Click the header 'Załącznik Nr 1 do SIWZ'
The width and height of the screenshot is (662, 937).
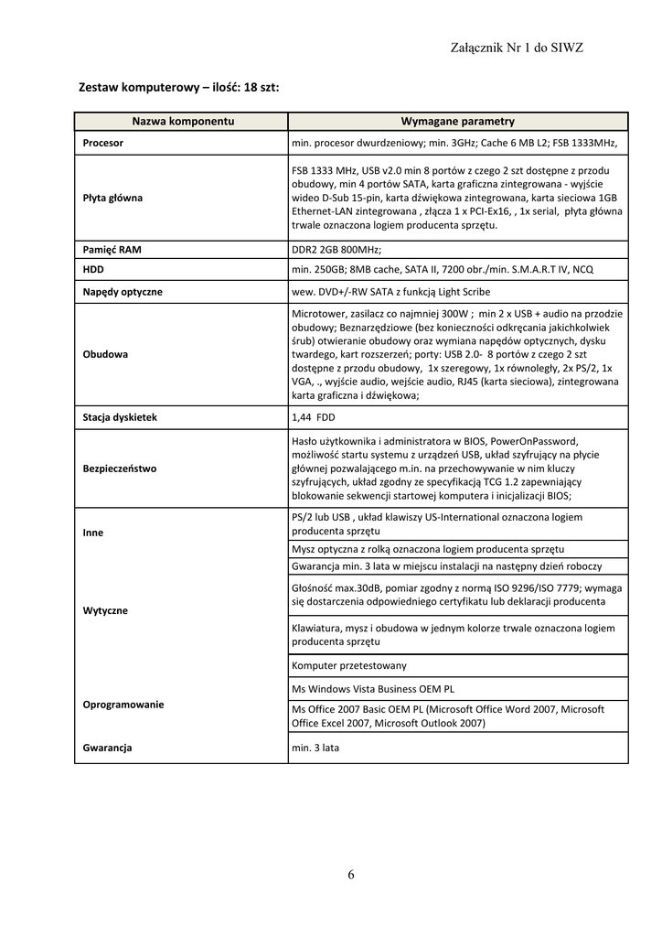(518, 48)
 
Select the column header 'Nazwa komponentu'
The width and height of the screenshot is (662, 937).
(183, 121)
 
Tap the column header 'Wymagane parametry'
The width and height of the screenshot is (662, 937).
(457, 121)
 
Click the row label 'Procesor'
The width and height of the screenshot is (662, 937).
(103, 143)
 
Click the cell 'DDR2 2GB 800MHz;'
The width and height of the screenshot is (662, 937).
(336, 249)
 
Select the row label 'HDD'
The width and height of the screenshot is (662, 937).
(93, 270)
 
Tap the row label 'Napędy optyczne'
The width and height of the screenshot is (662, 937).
(123, 292)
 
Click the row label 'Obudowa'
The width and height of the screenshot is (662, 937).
(105, 354)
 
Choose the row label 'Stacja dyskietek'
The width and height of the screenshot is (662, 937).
(120, 417)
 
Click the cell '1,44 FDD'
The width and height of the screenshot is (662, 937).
(313, 417)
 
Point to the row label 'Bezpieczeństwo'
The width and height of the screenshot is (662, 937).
(120, 468)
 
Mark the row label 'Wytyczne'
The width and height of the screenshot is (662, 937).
(105, 610)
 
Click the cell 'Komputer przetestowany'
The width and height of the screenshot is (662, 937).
(349, 665)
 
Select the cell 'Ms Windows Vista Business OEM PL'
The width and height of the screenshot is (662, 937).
(372, 688)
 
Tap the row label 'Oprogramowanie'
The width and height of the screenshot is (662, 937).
(123, 705)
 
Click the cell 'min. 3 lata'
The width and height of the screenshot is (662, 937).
(315, 748)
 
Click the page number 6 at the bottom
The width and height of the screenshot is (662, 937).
(350, 875)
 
